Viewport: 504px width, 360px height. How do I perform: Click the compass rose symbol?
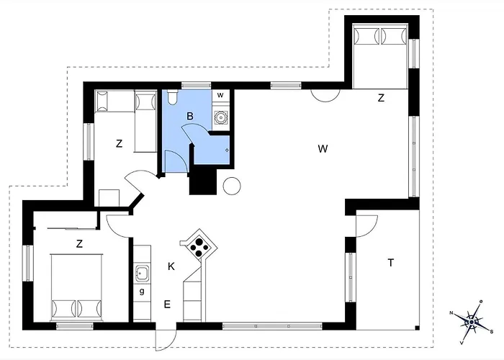coord(472,322)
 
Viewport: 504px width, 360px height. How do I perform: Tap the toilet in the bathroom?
coord(173,97)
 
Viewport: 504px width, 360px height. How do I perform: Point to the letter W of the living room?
coord(323,149)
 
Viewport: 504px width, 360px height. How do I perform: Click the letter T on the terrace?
coord(390,263)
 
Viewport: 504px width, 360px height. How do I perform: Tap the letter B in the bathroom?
coord(190,116)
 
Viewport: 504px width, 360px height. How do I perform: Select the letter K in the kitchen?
coord(171,266)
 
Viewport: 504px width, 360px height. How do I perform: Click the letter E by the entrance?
coord(167,304)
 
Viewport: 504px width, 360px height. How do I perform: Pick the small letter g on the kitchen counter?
coord(142,292)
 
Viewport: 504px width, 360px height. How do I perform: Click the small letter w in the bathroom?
coord(220,95)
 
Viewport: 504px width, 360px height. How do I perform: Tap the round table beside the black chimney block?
coord(232,186)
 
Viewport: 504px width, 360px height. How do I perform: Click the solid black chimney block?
coord(203,182)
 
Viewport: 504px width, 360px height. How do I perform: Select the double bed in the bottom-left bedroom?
coord(76,287)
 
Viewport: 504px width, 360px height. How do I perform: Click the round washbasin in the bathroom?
coord(221,117)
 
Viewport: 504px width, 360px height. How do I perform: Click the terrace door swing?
coord(366,227)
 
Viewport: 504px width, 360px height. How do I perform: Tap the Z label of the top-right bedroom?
coord(381,98)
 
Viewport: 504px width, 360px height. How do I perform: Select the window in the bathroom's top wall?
coord(196,86)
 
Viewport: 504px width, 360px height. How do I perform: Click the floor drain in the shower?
coord(227,150)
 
